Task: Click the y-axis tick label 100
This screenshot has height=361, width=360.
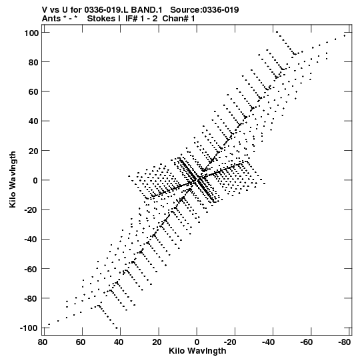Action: [31, 33]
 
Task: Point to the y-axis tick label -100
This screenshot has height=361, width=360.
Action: [29, 328]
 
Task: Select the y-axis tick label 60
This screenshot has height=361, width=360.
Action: [33, 92]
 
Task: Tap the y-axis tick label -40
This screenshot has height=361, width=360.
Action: [31, 240]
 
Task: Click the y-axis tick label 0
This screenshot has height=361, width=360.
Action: [35, 180]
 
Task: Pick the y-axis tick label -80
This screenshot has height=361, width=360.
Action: [31, 298]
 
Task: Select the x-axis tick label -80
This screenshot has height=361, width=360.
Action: [345, 342]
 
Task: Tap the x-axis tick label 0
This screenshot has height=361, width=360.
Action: [197, 342]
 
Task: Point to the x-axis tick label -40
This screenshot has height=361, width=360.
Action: [268, 342]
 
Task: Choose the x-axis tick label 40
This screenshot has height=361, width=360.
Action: [119, 342]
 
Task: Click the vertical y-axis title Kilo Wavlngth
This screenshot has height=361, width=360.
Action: [13, 179]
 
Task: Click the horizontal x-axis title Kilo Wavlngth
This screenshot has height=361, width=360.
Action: [197, 351]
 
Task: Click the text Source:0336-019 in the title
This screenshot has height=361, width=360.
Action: [205, 10]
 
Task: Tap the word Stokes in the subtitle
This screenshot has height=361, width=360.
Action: [101, 19]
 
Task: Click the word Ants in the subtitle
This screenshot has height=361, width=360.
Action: [51, 19]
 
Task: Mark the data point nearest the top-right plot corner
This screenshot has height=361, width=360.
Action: [345, 35]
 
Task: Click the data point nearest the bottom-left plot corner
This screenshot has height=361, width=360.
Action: [49, 324]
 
